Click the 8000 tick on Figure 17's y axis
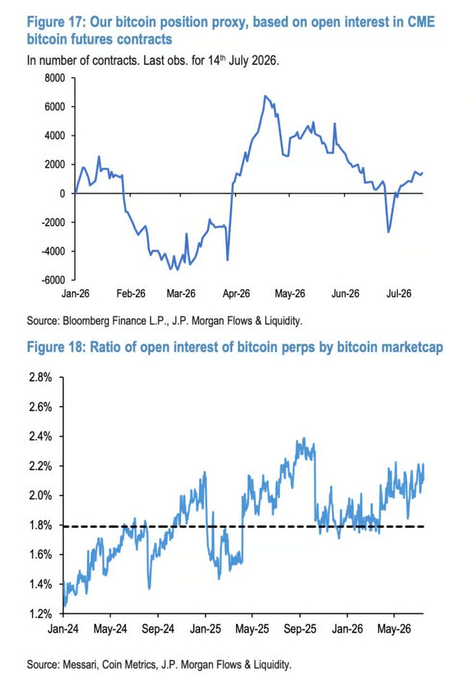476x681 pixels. click(54, 78)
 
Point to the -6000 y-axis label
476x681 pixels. click(53, 280)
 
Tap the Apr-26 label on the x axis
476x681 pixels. click(236, 293)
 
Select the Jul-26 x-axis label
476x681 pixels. click(399, 293)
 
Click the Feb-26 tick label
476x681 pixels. click(131, 293)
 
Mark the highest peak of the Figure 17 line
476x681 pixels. click(265, 95)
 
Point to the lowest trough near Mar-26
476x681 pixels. click(171, 269)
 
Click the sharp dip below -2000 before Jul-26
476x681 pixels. click(388, 232)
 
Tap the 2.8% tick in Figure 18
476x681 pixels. click(41, 377)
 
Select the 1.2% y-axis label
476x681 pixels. click(41, 614)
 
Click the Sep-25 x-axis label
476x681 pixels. click(300, 630)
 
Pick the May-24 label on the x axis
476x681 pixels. click(110, 630)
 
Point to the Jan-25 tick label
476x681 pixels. click(205, 630)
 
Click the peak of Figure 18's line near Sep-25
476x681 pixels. click(304, 438)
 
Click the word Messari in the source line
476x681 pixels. click(80, 664)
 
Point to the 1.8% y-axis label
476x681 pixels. click(41, 525)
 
